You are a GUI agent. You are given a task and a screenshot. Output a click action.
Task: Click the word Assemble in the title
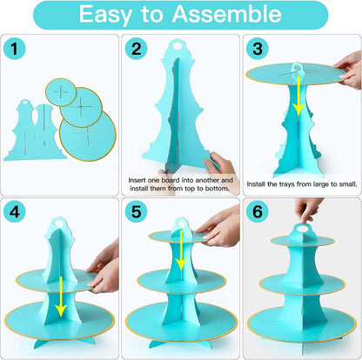point(227,14)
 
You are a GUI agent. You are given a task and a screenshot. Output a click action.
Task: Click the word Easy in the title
point(105,15)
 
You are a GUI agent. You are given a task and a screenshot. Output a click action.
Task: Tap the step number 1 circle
point(15,49)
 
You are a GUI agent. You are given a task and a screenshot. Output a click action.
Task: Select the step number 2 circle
point(136,49)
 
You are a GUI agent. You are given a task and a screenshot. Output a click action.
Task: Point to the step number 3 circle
point(258,49)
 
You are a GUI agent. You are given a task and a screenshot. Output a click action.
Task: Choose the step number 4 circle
point(15,211)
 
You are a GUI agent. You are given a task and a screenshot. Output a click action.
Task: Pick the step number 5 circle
point(136,211)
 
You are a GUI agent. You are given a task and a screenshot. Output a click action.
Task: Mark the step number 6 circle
point(258,211)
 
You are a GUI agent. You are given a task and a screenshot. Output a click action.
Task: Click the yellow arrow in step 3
point(298,95)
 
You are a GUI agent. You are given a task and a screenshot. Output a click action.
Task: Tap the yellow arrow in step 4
point(61,297)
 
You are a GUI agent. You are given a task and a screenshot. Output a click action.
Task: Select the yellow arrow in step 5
point(182,250)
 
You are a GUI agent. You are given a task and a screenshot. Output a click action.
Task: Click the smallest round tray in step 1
point(61,92)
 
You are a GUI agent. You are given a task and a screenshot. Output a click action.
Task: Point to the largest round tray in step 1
point(88,136)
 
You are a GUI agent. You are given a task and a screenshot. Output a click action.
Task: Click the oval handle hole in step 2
point(177,45)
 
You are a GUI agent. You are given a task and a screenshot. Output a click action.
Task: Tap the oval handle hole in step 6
point(304,230)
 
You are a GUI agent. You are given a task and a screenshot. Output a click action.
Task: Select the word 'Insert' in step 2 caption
point(137,180)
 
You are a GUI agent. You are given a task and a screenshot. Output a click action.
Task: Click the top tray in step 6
point(303,241)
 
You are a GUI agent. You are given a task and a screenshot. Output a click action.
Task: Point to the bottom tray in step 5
point(182,322)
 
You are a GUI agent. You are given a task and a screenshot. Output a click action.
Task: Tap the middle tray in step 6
point(302,284)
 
